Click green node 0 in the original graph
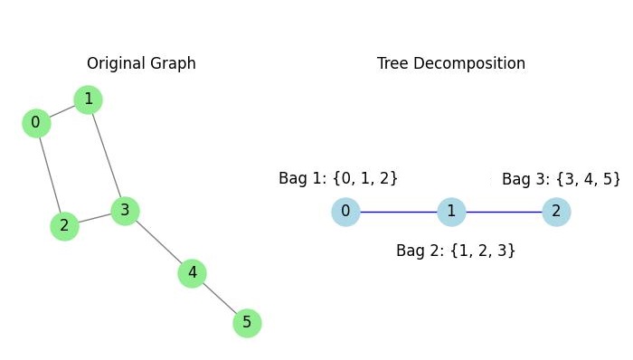(x=35, y=122)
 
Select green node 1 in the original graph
(x=88, y=98)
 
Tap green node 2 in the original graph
(x=63, y=225)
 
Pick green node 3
(x=125, y=211)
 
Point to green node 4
(x=192, y=272)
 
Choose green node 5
(x=247, y=322)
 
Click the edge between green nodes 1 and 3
(x=107, y=155)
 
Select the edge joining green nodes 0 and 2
(x=50, y=174)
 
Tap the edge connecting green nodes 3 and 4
(x=158, y=242)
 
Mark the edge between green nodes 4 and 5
(x=220, y=298)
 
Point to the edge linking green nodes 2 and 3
(x=94, y=218)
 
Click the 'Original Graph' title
(x=141, y=63)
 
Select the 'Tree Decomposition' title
(x=451, y=63)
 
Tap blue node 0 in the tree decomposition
(x=345, y=213)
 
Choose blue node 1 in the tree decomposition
(x=450, y=213)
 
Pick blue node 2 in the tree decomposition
(x=555, y=213)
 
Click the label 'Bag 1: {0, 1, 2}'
(x=338, y=178)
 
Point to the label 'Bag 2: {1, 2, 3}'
(x=456, y=250)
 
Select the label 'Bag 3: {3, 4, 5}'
(x=561, y=178)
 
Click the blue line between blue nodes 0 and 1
(x=398, y=213)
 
